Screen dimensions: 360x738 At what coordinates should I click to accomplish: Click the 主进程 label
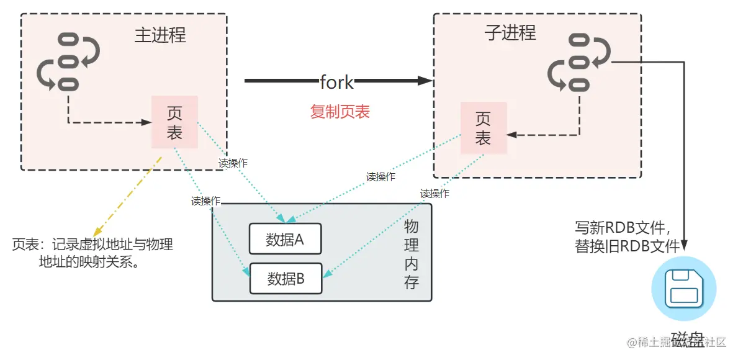click(x=160, y=35)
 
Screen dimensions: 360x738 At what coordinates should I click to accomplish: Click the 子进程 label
click(x=510, y=33)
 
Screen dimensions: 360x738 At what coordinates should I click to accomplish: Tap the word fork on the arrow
click(x=337, y=81)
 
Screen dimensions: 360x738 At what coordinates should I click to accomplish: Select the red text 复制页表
click(x=340, y=112)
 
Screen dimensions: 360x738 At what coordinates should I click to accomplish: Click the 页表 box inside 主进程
click(x=174, y=122)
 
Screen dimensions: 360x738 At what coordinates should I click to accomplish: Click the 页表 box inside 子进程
click(x=483, y=128)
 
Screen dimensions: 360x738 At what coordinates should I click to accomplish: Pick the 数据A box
click(x=285, y=239)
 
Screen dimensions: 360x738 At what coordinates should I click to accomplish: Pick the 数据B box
click(x=286, y=279)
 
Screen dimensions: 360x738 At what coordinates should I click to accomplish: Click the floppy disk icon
click(x=683, y=289)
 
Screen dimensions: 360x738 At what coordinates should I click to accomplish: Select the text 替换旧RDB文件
click(x=628, y=246)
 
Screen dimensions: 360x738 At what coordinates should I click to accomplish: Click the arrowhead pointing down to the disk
click(x=684, y=246)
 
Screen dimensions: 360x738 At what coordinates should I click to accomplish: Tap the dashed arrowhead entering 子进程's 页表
click(x=511, y=134)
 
